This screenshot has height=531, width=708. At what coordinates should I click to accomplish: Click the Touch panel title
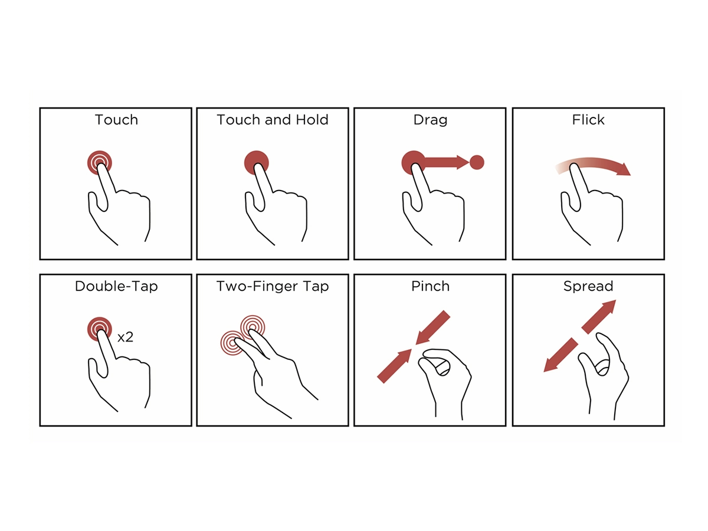[x=116, y=120]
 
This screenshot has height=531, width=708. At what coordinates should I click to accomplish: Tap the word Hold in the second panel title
[x=312, y=120]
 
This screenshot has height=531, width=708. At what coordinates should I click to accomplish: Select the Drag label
[x=430, y=120]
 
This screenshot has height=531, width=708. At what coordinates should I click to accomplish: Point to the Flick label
[x=588, y=120]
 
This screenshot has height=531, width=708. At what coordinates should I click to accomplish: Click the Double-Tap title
[x=116, y=286]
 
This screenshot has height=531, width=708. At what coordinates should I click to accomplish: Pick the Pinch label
[x=430, y=286]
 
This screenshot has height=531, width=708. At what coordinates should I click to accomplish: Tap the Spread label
[x=588, y=286]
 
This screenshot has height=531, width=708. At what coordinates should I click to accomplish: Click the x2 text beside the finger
[x=125, y=337]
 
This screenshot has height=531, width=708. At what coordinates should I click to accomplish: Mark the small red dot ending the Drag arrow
[x=477, y=162]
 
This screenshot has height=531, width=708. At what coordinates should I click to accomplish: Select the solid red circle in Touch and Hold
[x=256, y=162]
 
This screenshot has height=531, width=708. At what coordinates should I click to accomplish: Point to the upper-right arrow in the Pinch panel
[x=432, y=327]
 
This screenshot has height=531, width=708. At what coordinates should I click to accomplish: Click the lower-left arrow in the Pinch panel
[x=395, y=366]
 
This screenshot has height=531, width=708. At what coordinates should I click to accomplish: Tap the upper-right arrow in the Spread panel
[x=599, y=317]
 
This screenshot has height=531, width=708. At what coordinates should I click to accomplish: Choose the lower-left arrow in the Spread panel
[x=561, y=355]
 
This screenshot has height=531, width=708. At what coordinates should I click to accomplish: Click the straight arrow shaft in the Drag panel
[x=441, y=162]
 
